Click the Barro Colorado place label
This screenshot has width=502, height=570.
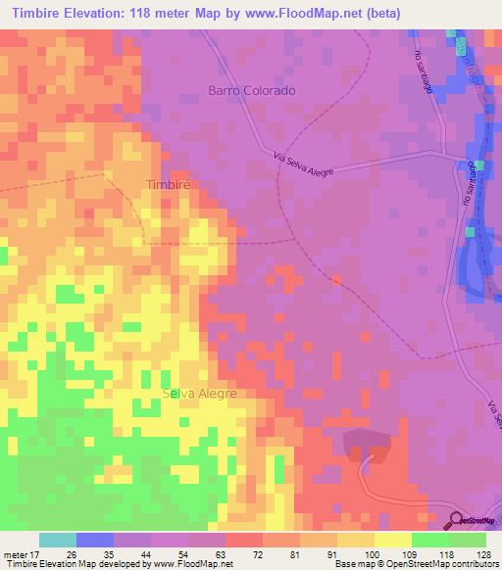point(251,90)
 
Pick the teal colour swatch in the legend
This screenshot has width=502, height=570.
point(58,540)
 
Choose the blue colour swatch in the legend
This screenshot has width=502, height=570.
point(95,540)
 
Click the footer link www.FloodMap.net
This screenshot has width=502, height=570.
point(192,564)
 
